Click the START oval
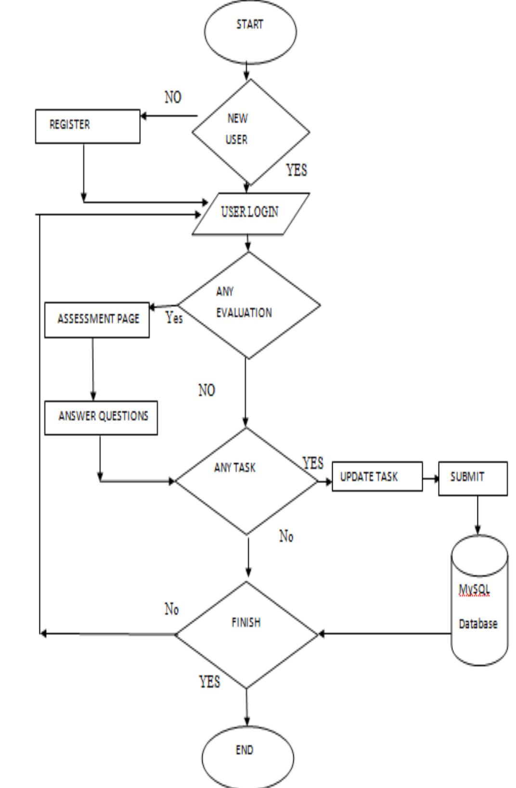pos(250,32)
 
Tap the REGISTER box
pos(88,126)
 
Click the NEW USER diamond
pos(250,131)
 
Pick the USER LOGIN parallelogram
pos(250,213)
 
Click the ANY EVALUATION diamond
pos(248,305)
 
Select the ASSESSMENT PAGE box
pos(97,319)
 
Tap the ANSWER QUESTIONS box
pos(101,417)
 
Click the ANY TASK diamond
pos(246,480)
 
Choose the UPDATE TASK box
pos(377,476)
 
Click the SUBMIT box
pos(472,478)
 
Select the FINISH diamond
pos(246,634)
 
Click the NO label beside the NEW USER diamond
pos(173,97)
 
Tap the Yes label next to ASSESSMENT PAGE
pos(174,317)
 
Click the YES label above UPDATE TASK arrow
pos(313,463)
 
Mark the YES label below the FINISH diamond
pos(209,682)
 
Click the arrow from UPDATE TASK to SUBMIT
pos(430,479)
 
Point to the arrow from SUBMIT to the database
pos(477,515)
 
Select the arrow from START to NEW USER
pos(247,71)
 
